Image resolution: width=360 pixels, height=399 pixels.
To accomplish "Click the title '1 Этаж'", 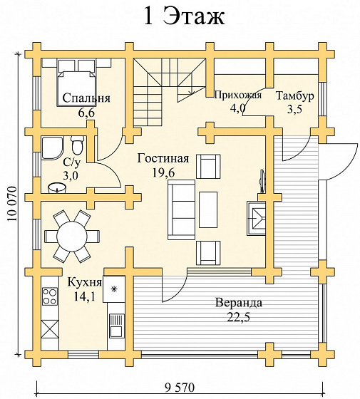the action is pos(184,16).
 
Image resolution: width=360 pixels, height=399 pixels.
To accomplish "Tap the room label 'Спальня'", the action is pos(86,98).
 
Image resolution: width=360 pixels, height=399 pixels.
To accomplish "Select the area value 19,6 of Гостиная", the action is pos(163,173).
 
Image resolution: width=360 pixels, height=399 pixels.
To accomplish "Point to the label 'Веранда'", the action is pos(239,303).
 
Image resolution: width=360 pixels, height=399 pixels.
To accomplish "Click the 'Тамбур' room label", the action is pos(295,96).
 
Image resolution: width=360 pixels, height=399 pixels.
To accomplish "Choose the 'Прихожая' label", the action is pos(238,95).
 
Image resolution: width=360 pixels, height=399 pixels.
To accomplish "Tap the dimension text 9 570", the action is pos(180,388).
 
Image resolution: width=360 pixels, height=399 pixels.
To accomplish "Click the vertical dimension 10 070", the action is pos(11,204).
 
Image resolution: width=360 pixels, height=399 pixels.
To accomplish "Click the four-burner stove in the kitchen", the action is pos(50,296).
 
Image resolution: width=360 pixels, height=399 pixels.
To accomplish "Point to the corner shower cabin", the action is pos(52,148).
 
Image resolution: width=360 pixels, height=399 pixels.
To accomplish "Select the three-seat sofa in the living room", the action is pos(181,209).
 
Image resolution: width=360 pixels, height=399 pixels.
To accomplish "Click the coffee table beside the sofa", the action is pos(208,209).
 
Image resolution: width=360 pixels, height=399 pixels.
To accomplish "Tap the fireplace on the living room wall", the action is pos(256,218).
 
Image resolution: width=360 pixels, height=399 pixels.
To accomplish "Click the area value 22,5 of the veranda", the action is pos(239,317).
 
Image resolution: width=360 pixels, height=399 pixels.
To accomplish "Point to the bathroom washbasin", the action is pos(58,188).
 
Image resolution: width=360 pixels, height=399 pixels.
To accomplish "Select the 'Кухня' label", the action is pos(85,282).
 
